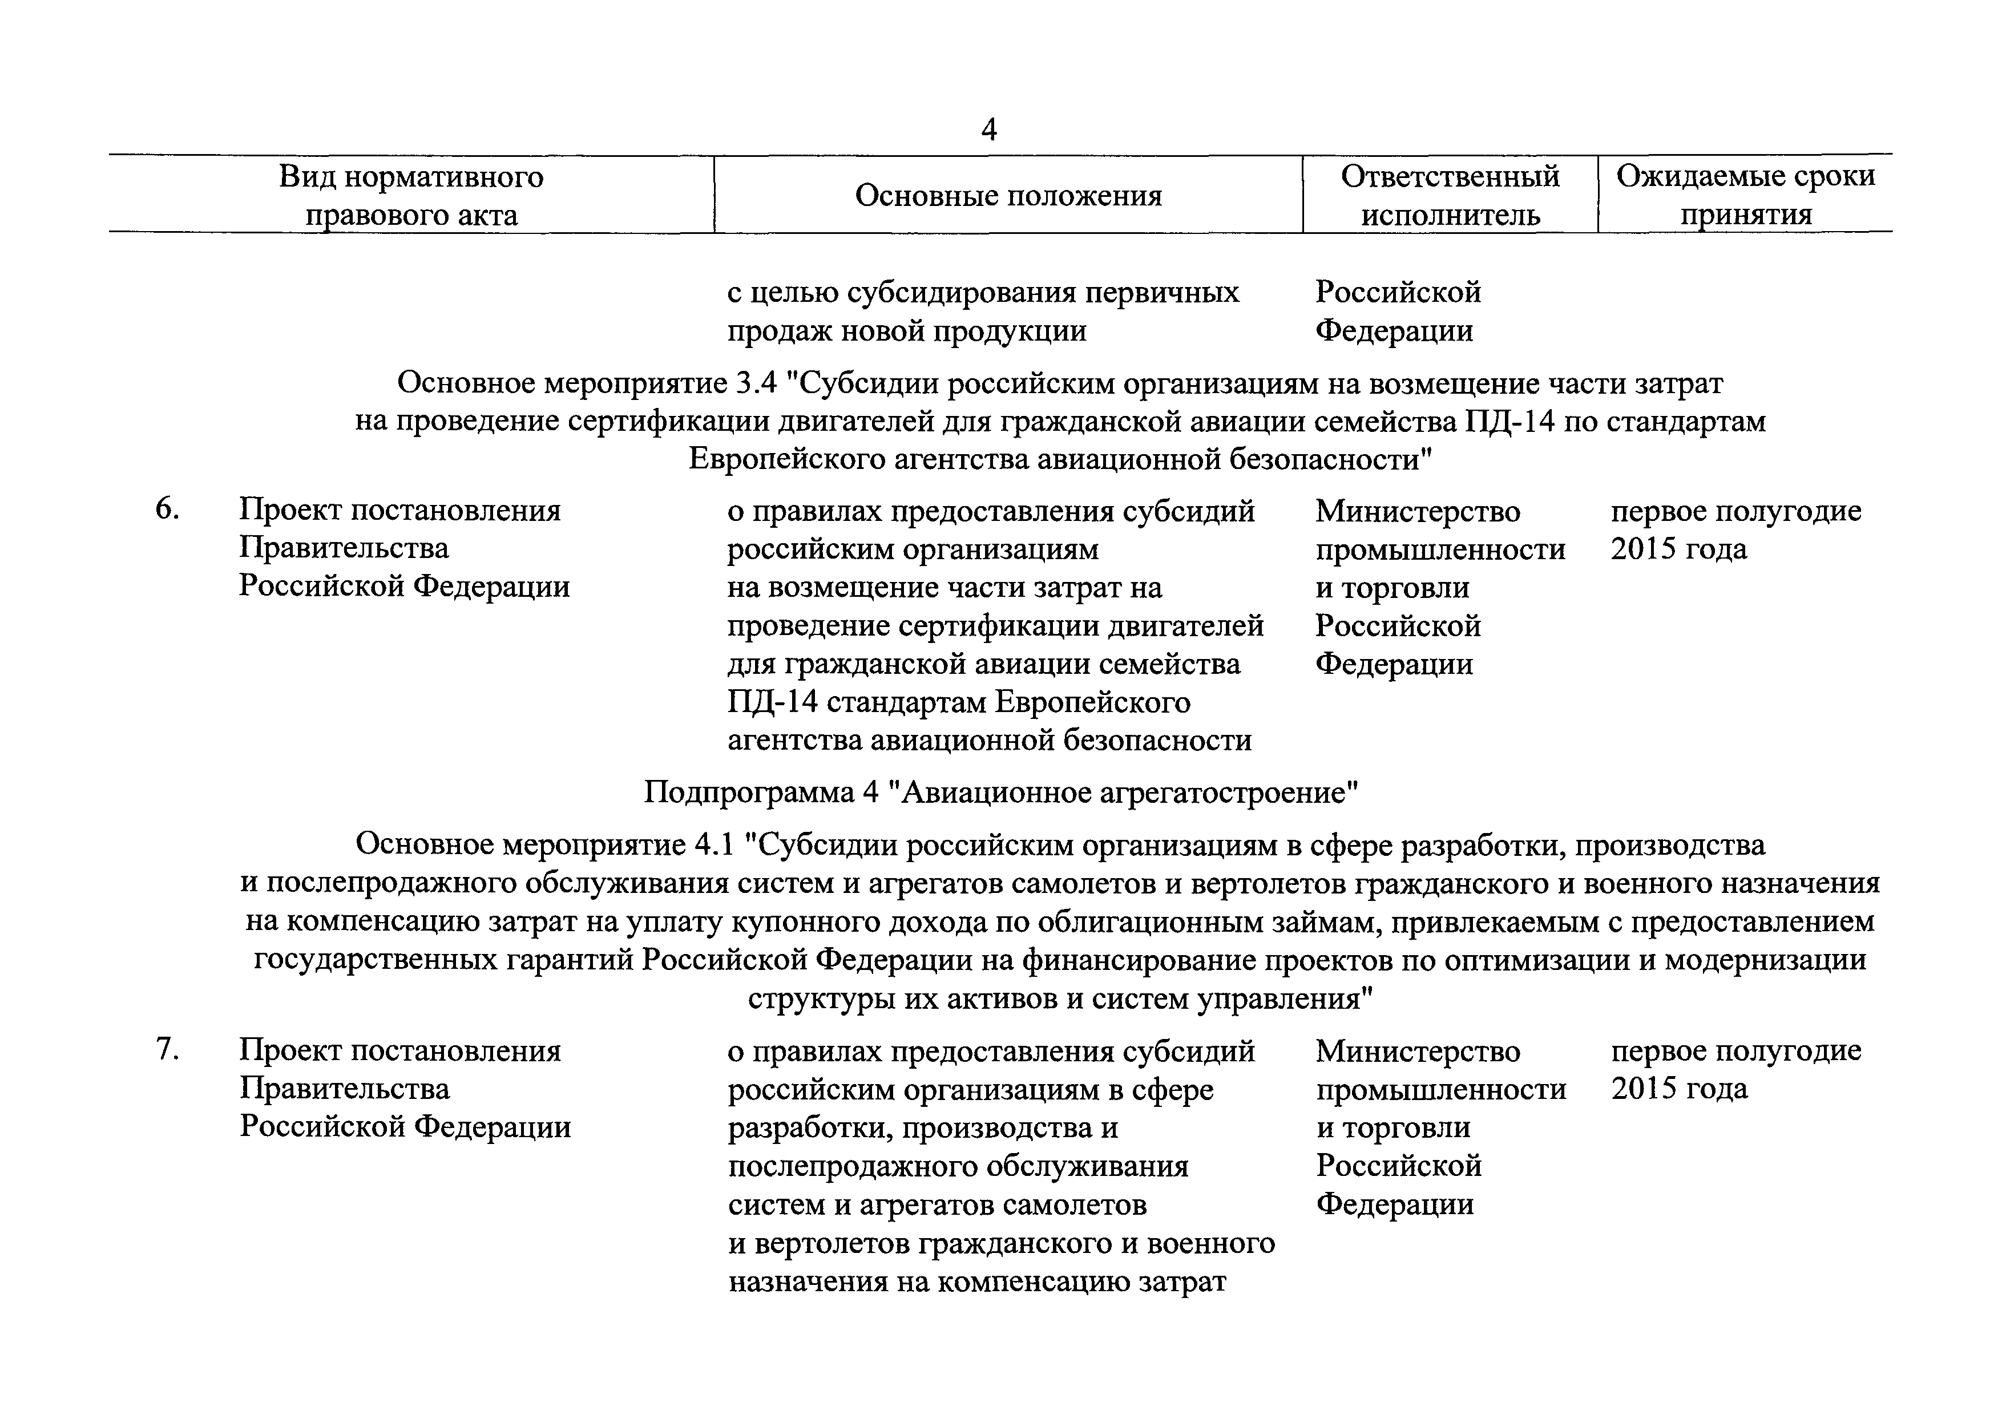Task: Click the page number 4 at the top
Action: tap(989, 130)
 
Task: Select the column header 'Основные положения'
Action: tap(1008, 195)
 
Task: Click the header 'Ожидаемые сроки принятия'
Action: tap(1746, 195)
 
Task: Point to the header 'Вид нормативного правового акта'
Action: tap(411, 195)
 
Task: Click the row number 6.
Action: tap(167, 510)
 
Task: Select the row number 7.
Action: tap(167, 1050)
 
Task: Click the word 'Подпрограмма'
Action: tap(746, 793)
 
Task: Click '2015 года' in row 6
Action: tap(1678, 549)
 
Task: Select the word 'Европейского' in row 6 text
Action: tap(1094, 703)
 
